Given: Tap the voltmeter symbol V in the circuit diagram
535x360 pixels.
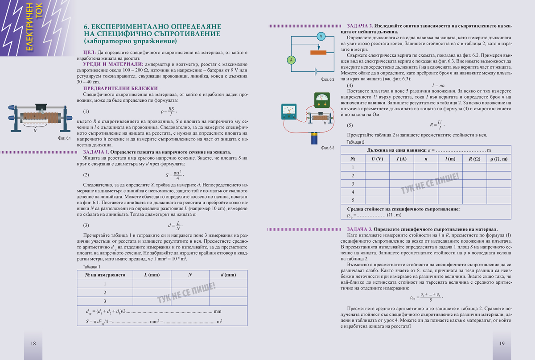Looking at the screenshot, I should [320, 36].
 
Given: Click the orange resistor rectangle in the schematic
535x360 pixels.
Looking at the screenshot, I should [321, 52].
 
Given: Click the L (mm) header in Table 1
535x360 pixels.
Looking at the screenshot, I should [152, 275].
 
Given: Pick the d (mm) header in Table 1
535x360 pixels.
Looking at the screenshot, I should [228, 275].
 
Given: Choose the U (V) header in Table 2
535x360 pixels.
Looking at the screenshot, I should [377, 159].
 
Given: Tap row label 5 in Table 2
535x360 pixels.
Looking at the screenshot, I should [353, 199].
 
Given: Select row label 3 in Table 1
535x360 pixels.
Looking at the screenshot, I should [105, 301].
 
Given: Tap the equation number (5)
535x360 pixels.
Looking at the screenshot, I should [350, 125].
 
